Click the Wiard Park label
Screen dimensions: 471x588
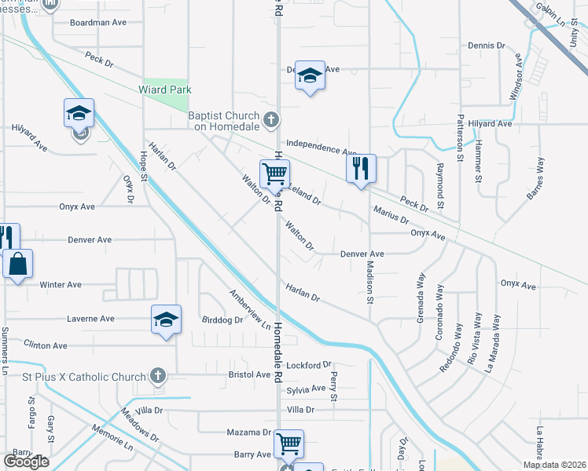tap(166, 90)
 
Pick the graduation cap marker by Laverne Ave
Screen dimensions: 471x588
tap(166, 319)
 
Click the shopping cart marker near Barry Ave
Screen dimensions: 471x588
tap(288, 444)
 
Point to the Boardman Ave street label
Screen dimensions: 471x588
tap(98, 23)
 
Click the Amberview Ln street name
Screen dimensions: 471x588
tap(249, 310)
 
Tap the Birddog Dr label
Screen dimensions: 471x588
tap(222, 320)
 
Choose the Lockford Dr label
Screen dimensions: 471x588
tap(309, 366)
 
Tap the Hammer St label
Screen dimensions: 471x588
tap(478, 162)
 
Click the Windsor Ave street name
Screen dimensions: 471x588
tap(516, 77)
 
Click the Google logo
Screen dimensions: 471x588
tap(26, 462)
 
